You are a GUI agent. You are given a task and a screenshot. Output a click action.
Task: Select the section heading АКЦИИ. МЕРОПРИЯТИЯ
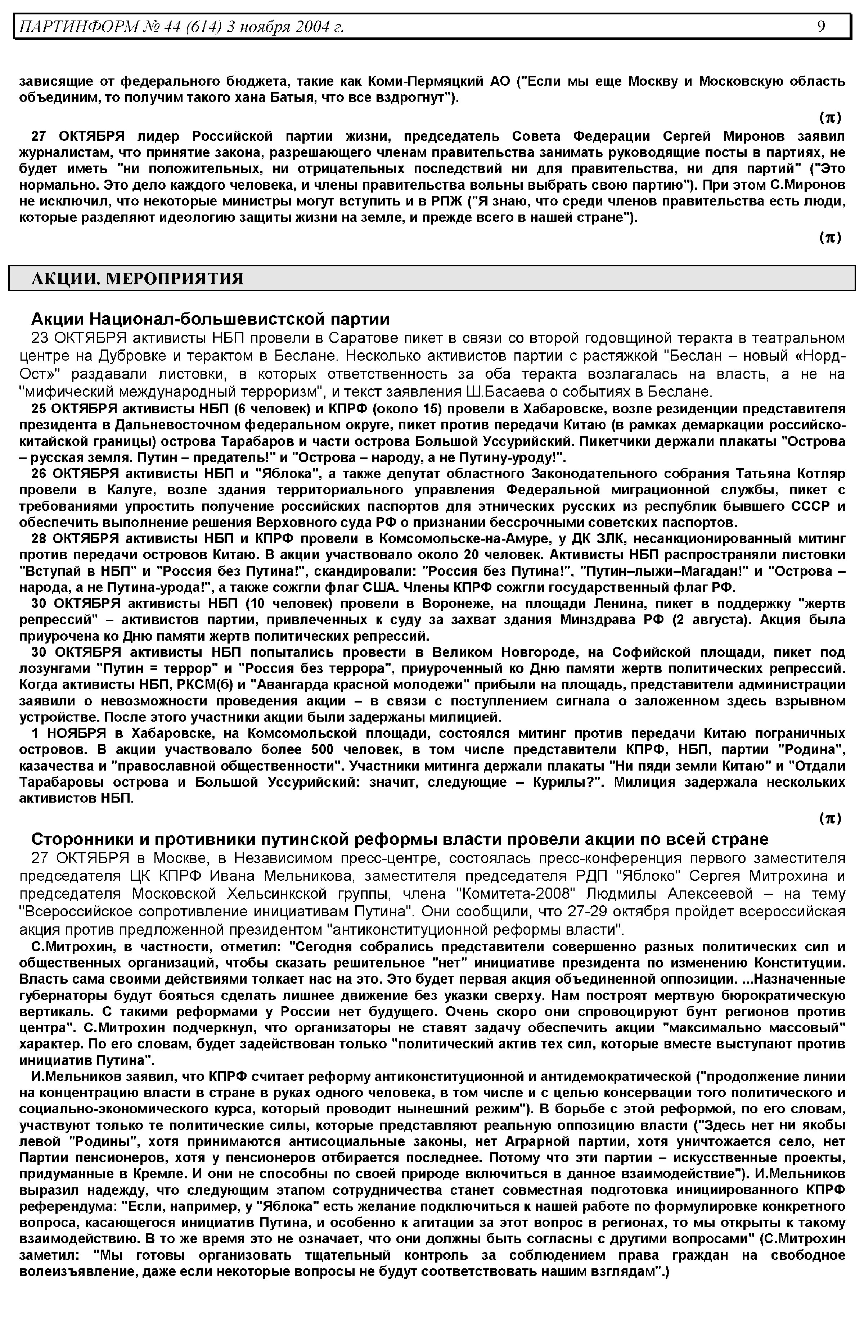point(138,279)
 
